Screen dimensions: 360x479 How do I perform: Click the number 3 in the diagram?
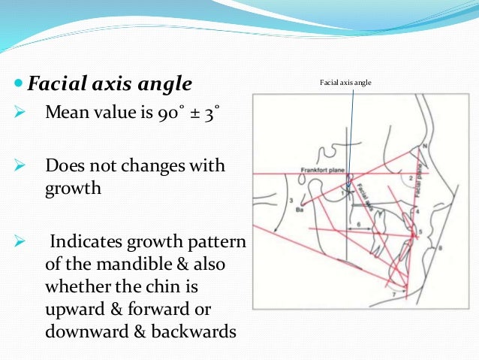tap(290, 200)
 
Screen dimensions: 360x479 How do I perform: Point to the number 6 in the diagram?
tap(359, 224)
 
